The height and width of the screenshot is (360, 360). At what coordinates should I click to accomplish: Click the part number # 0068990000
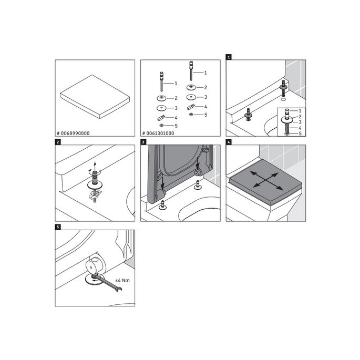click(x=74, y=133)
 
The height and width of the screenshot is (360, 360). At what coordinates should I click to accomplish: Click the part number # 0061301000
click(x=159, y=133)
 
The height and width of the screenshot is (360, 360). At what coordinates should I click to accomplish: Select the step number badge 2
click(x=57, y=142)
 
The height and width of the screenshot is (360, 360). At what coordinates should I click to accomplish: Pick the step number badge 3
click(x=143, y=142)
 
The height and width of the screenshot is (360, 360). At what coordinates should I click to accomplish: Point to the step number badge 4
click(x=229, y=142)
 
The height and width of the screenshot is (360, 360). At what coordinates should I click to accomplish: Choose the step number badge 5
click(x=57, y=227)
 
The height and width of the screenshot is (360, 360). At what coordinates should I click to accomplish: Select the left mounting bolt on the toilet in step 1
click(x=248, y=114)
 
